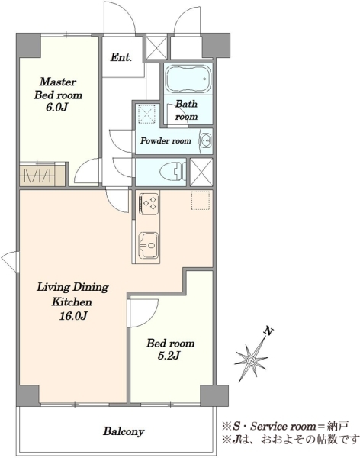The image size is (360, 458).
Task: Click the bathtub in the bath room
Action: pos(188,79)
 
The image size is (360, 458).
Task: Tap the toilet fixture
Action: pos(173,172)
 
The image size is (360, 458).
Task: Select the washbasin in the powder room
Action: pos(205,140)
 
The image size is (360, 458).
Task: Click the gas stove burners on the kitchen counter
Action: pos(149,202)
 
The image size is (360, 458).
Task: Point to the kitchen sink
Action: pos(148,245)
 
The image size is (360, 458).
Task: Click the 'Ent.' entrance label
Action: pos(121,57)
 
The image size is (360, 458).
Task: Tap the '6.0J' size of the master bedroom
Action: pos(56,108)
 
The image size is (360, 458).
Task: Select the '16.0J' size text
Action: pos(73,316)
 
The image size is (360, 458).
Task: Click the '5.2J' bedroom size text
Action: pos(169,356)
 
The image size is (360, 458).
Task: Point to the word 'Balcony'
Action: pos(124,431)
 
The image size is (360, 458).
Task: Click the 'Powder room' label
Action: pos(166,140)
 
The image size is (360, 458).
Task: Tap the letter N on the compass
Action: pos(268,331)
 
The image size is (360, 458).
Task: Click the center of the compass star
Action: pos(250,360)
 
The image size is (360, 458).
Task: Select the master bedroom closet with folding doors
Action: pos(43,174)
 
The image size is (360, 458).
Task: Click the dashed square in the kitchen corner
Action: pos(201,200)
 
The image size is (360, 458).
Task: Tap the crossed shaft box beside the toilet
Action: pos(201,172)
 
